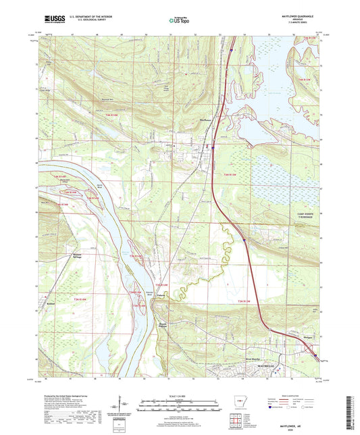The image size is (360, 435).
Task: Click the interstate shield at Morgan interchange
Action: tap(313, 351)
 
